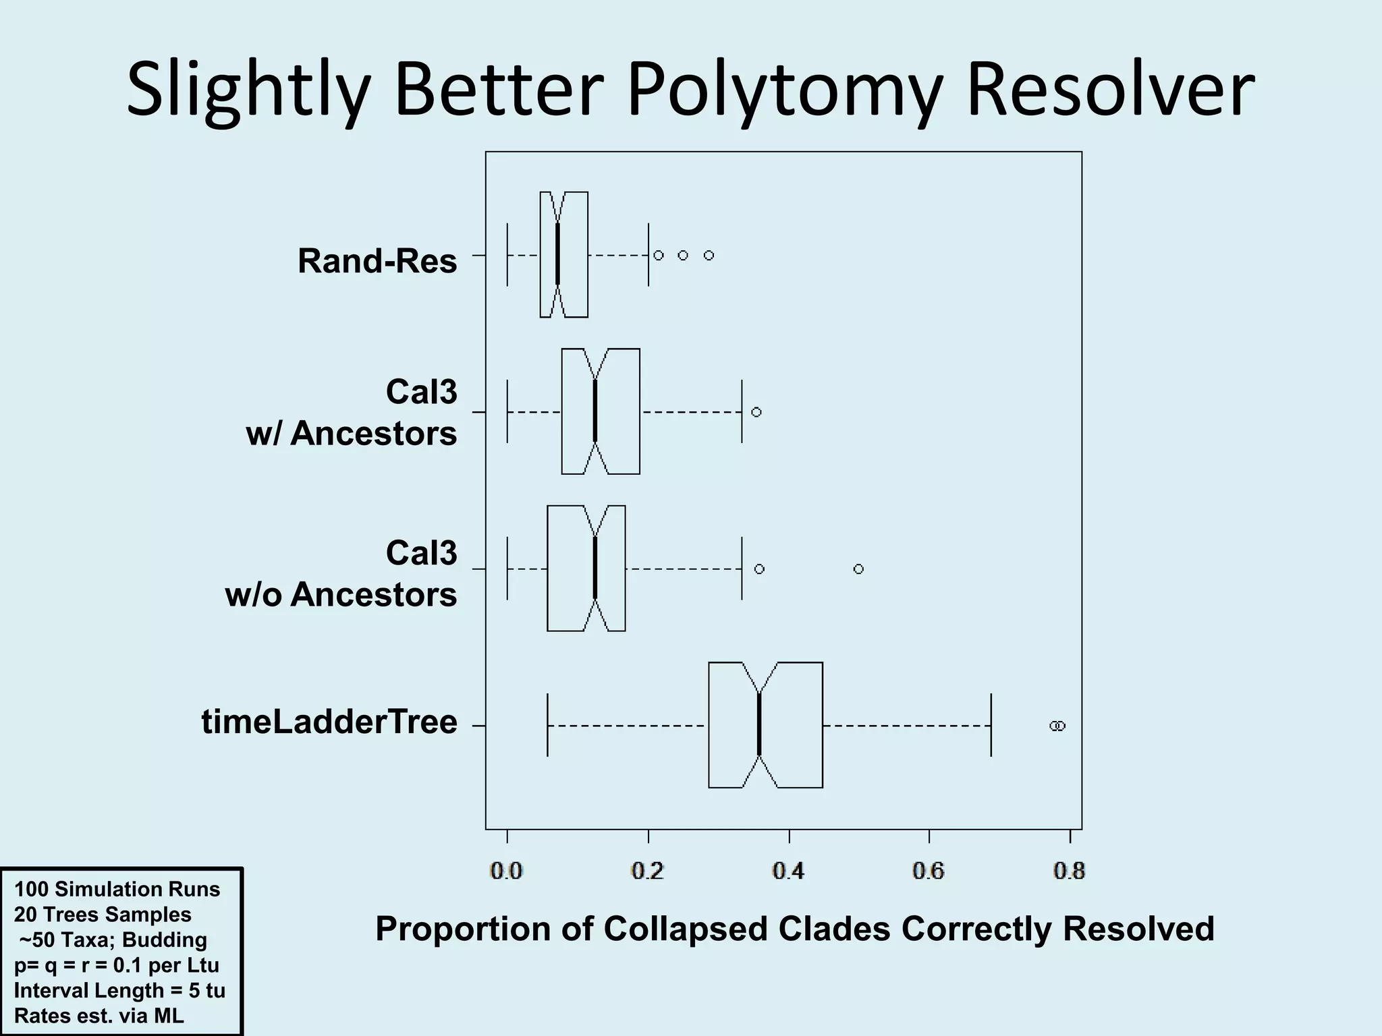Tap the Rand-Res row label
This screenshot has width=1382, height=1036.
coord(377,260)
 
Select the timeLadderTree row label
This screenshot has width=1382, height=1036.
coord(329,722)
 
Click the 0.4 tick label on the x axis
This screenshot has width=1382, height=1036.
coord(788,871)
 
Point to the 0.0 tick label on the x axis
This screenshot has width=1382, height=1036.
coord(507,871)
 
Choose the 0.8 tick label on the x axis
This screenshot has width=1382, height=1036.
coord(1069,871)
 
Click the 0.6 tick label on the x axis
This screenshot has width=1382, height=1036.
coord(929,871)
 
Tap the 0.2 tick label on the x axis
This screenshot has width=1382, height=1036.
coord(648,871)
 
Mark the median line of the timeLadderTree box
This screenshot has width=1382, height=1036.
coord(759,725)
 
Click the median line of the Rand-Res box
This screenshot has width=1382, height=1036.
coord(557,255)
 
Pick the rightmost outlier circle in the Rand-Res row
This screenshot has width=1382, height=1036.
coord(709,255)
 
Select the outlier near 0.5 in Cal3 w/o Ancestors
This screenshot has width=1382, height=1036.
coord(858,569)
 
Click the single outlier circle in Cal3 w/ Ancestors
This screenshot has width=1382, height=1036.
coord(756,412)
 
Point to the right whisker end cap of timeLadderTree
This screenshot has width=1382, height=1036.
coord(991,725)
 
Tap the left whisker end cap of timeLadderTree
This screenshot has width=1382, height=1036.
coord(547,725)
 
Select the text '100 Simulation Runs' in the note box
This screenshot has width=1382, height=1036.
coord(117,889)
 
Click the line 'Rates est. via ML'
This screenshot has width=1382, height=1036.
coord(99,1016)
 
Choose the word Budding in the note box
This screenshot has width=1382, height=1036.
coord(165,940)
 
